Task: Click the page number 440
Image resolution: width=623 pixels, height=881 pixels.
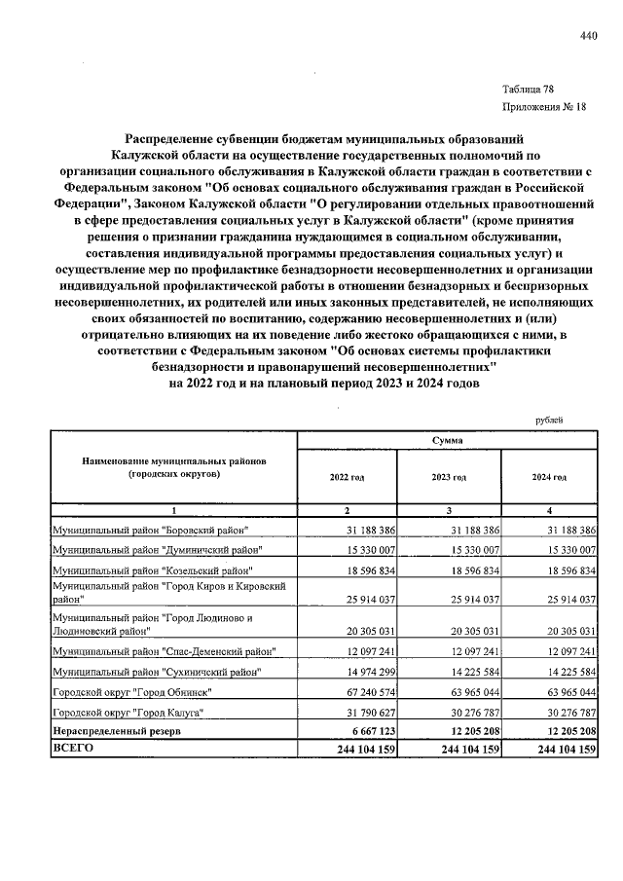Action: coord(587,37)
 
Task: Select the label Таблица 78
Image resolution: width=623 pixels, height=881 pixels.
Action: coord(528,89)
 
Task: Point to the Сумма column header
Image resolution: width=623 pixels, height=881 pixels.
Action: coord(447,441)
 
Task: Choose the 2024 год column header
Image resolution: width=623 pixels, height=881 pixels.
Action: coord(548,477)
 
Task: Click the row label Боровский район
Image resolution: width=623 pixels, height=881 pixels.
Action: coord(150,530)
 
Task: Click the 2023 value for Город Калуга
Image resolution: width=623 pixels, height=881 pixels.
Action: coord(467,712)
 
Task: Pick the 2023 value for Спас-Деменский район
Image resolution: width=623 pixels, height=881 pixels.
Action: coord(467,650)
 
